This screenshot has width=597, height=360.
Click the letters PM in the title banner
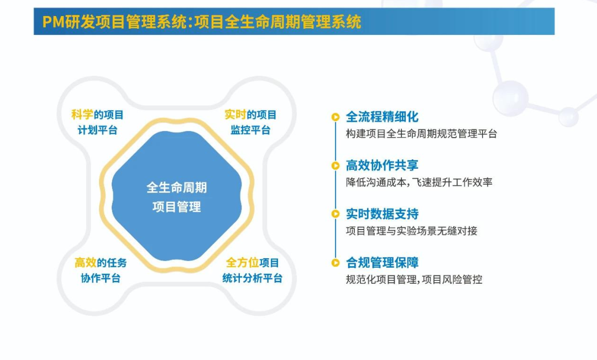[53, 22]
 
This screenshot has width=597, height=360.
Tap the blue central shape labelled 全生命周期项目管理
[177, 196]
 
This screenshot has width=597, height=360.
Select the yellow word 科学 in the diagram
[82, 114]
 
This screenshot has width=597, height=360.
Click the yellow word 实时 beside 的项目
[235, 114]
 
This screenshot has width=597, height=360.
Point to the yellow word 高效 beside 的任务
[85, 263]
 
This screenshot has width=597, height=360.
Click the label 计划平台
[97, 131]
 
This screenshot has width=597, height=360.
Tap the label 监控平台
[250, 131]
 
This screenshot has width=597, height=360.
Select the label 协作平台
[101, 278]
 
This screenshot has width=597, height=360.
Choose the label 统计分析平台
[253, 278]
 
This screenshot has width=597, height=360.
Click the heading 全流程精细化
[382, 117]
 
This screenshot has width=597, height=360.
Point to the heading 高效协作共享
[382, 165]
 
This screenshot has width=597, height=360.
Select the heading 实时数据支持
[382, 214]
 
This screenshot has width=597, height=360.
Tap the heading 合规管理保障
[382, 263]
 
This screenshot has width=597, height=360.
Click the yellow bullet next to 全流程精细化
[336, 117]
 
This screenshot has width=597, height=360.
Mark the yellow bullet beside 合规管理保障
[336, 263]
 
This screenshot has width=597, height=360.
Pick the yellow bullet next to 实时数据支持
[336, 214]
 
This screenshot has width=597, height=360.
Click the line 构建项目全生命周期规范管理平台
[421, 134]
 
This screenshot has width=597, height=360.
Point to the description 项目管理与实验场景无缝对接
[412, 231]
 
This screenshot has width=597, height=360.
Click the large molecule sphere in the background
[511, 98]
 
